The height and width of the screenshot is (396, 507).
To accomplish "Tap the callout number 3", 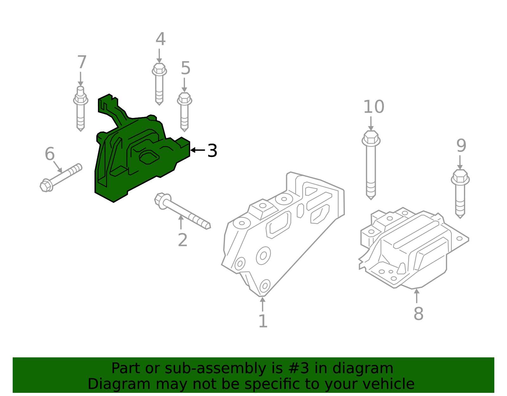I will tap(212, 151).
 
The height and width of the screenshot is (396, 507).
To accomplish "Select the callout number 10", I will tap(373, 107).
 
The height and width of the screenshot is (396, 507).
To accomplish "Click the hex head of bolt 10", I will tap(371, 138).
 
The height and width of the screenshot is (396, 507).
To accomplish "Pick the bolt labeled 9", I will tap(460, 193).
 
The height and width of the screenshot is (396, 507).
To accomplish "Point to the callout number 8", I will tap(418, 314).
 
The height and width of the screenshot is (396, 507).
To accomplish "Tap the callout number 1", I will tap(263, 321).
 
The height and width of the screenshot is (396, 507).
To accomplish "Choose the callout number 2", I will tap(183, 240).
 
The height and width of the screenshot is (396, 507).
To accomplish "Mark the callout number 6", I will tap(50, 154).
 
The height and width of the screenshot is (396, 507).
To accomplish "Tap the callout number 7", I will tap(82, 62).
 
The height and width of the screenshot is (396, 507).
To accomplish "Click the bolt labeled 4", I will tap(159, 84).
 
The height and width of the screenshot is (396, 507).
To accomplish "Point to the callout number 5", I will tap(185, 68).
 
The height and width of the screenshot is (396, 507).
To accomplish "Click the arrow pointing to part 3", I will tap(197, 150).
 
